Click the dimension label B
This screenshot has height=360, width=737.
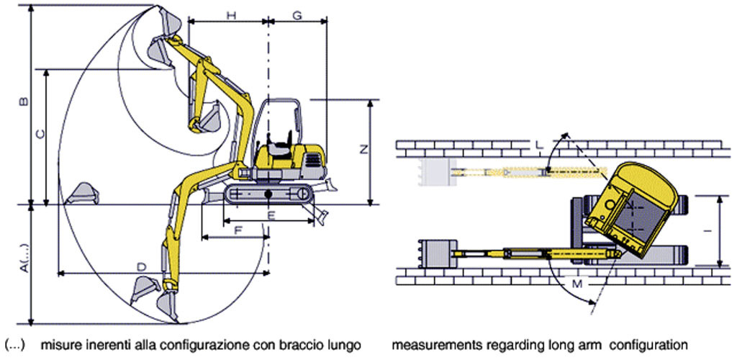(x=25, y=102)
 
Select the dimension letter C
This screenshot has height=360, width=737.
(x=40, y=135)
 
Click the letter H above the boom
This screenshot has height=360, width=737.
(x=231, y=15)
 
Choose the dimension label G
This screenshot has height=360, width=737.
(x=297, y=15)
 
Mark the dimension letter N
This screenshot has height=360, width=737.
(x=363, y=150)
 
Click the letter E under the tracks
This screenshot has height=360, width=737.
(x=271, y=215)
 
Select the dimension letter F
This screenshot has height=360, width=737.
(x=238, y=231)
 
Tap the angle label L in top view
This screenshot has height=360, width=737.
(x=540, y=146)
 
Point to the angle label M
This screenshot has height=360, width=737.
(x=578, y=284)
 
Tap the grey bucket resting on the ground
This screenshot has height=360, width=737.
(x=82, y=193)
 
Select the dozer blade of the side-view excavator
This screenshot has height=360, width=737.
(x=330, y=185)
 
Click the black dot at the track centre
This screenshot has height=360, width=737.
(x=268, y=194)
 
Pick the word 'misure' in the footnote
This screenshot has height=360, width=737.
(x=55, y=346)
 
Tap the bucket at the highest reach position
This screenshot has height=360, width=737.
(x=167, y=20)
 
